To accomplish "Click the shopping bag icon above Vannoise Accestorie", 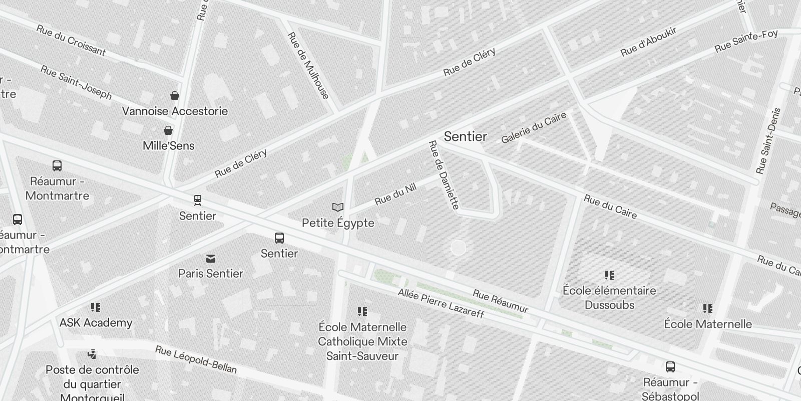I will click(175, 95).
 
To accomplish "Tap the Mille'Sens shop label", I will click(168, 146).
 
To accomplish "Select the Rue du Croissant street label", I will click(71, 40).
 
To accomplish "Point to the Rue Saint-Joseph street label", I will click(76, 82).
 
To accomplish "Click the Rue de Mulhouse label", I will click(308, 66).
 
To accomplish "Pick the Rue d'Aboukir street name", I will click(648, 42).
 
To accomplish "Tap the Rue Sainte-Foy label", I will click(746, 41).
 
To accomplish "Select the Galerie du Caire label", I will click(534, 128).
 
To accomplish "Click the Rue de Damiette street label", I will click(444, 174).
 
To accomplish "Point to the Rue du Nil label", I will click(395, 194).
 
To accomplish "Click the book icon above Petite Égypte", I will click(338, 207).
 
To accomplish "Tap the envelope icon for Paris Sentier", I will click(211, 259).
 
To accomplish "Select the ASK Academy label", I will click(96, 323).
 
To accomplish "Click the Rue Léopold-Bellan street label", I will click(196, 359).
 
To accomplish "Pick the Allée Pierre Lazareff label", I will click(441, 303).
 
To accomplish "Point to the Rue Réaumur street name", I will click(501, 301).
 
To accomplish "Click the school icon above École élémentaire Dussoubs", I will click(609, 275).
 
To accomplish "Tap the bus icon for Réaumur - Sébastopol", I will click(670, 367).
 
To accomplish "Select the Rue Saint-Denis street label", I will click(769, 141).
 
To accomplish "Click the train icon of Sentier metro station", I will click(198, 200).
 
